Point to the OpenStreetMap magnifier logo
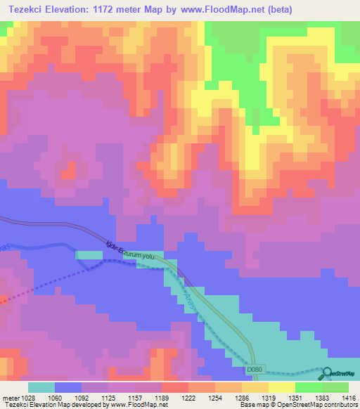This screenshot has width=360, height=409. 329,372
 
